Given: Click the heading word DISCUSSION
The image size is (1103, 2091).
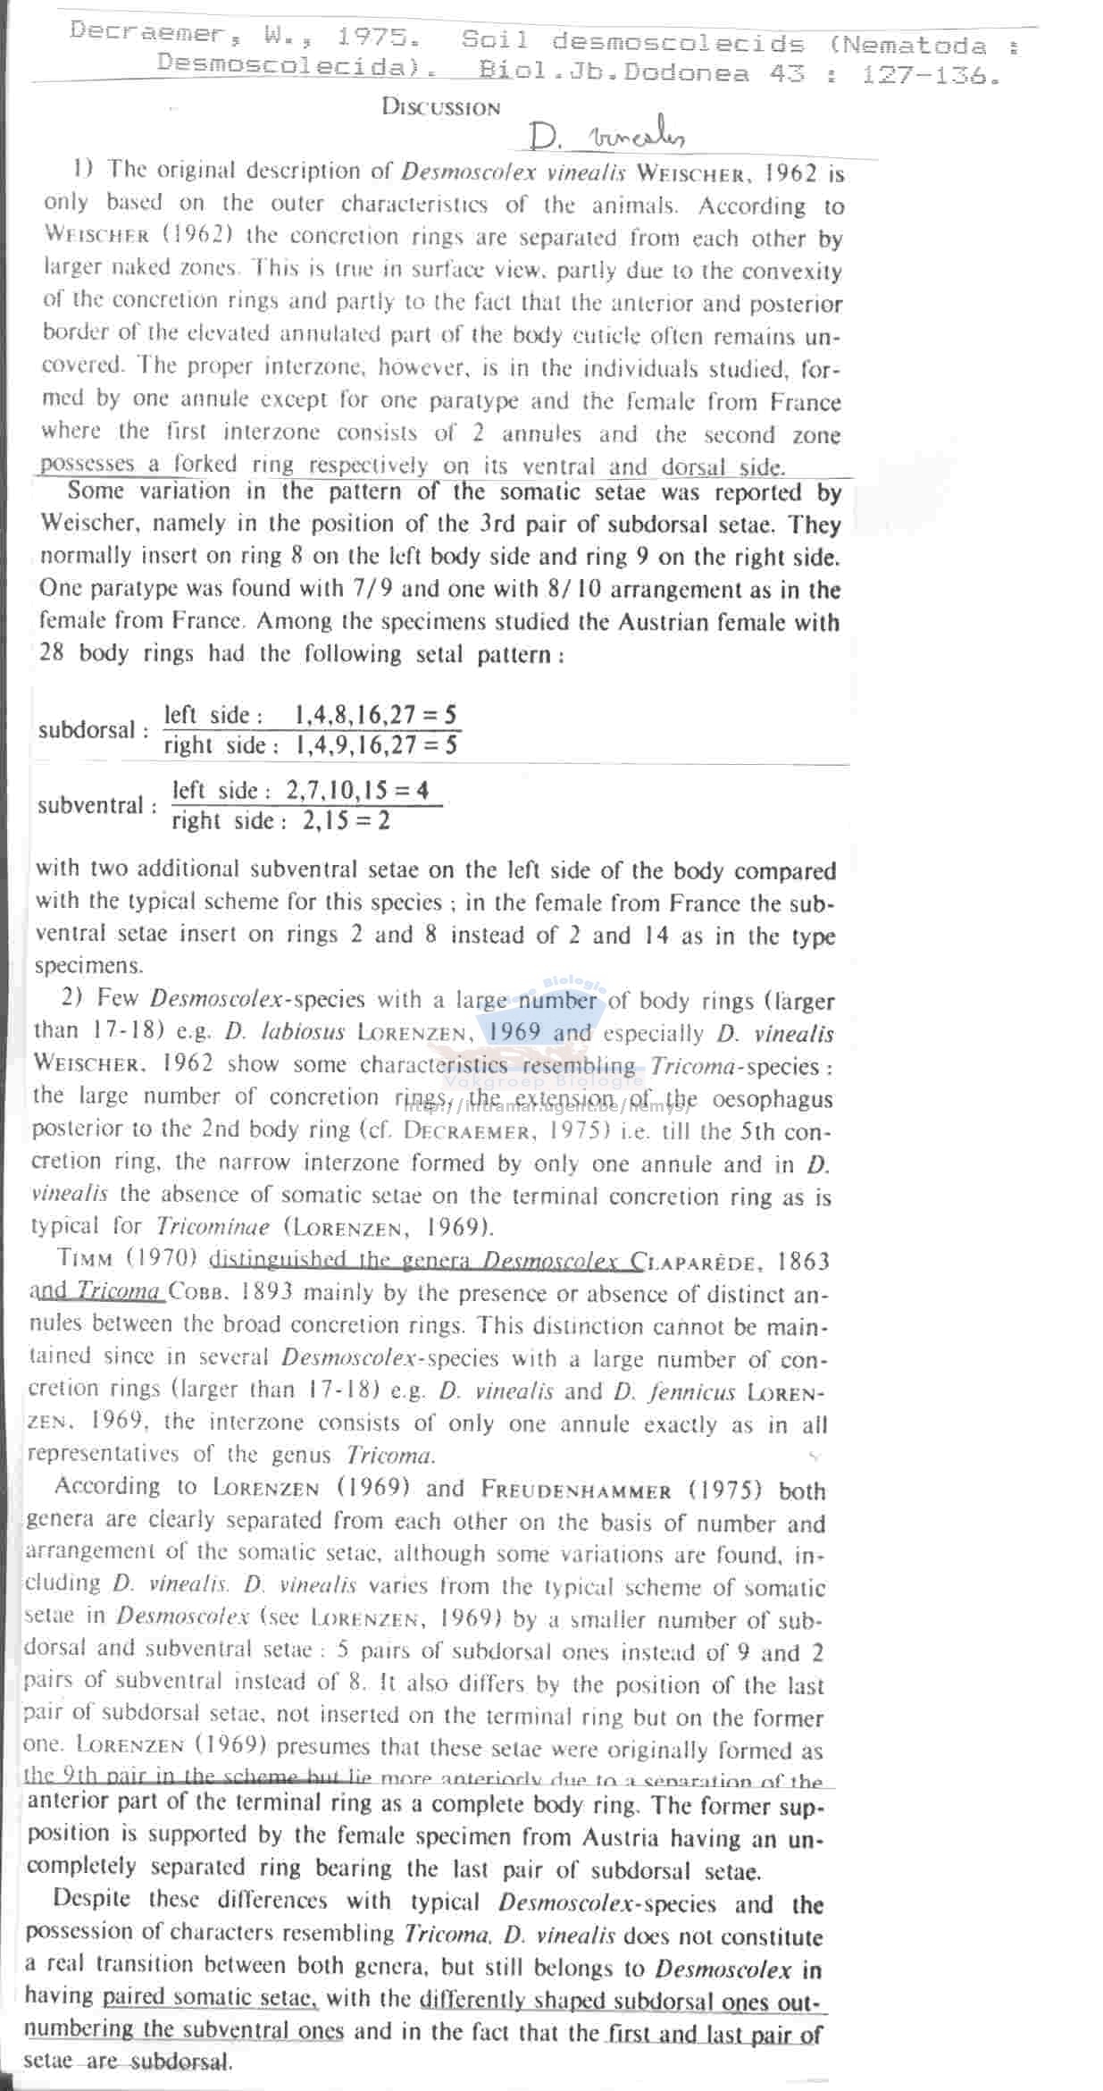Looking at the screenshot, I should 440,107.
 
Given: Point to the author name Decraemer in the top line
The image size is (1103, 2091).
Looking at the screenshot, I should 146,32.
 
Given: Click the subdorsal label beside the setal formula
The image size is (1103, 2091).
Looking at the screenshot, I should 92,730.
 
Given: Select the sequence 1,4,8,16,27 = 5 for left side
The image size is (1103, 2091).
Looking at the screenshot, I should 375,714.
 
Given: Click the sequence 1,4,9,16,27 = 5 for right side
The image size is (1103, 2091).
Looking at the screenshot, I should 376,745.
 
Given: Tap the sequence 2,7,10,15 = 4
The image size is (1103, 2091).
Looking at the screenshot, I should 356,790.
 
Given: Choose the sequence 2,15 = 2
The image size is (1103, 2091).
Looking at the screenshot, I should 346,820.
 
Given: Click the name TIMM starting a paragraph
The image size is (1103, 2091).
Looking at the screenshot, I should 86,1258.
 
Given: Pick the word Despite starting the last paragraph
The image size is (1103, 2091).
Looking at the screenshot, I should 92,1899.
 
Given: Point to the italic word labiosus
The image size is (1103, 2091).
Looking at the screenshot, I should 285,1032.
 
